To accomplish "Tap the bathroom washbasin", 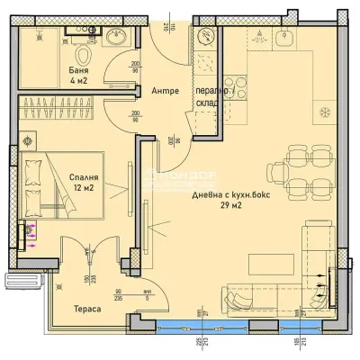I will (115, 37).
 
